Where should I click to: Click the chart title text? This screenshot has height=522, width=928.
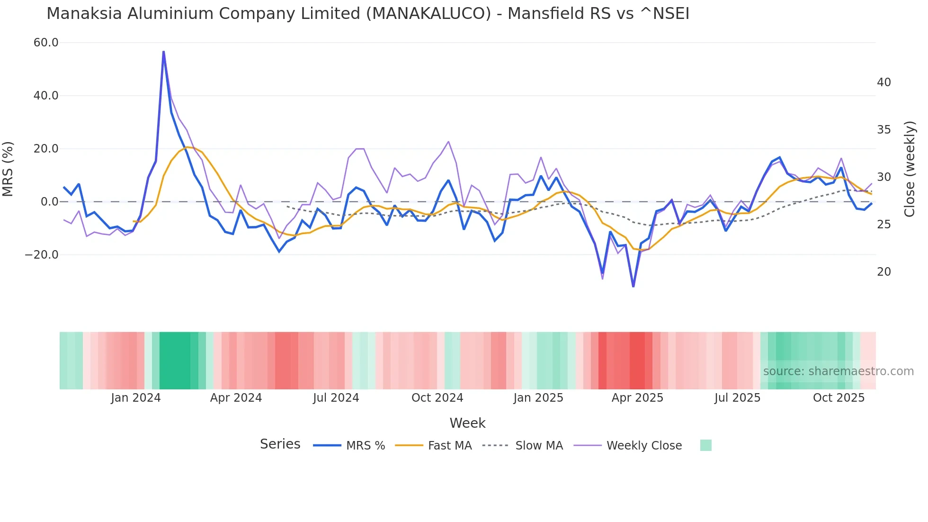[368, 14]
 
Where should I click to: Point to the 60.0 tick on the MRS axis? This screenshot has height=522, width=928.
[46, 43]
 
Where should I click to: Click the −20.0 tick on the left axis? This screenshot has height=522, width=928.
[42, 255]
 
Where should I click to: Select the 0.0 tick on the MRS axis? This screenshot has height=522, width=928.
[49, 202]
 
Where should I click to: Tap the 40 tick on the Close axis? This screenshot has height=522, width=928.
[883, 82]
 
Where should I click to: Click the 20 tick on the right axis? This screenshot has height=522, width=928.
[883, 272]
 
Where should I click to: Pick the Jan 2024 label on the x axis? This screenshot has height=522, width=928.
[136, 398]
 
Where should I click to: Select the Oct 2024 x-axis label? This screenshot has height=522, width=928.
[437, 398]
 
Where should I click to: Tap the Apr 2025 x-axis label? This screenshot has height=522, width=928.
[637, 398]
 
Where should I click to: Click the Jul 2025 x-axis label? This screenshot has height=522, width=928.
[737, 398]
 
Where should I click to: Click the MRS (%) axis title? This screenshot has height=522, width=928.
[8, 169]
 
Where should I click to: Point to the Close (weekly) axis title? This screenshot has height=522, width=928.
[910, 169]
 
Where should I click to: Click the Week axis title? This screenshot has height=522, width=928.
[467, 423]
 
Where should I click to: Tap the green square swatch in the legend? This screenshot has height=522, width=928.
[705, 445]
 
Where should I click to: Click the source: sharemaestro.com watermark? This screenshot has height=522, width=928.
[838, 371]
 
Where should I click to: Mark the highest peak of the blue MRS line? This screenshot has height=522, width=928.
[163, 51]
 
